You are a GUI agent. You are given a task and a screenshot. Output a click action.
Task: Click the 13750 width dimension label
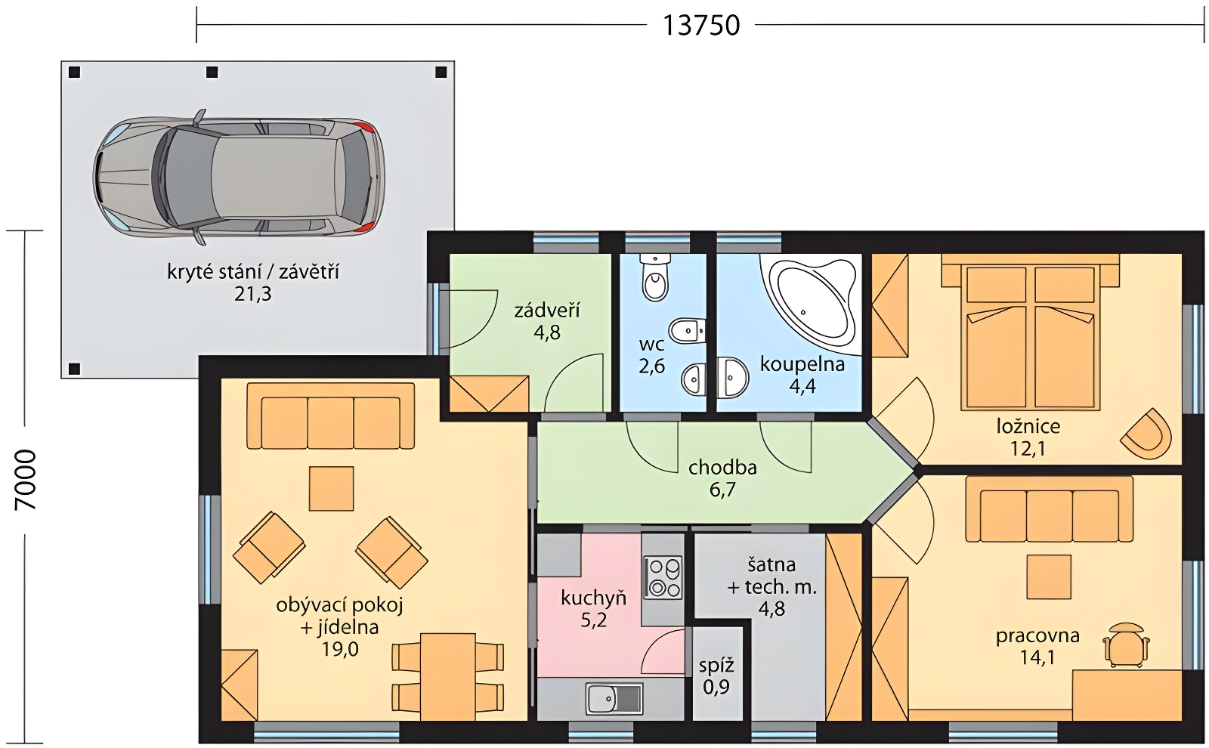point(700,26)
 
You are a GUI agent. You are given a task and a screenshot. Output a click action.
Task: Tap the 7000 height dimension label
point(26,480)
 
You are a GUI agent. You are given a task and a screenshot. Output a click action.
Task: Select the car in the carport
point(239,178)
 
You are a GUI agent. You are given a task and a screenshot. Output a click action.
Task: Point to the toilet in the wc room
point(655,277)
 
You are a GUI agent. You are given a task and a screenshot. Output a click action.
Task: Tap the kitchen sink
point(614,698)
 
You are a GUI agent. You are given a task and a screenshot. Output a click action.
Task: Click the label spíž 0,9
point(717,676)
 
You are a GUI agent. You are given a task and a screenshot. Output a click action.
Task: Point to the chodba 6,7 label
point(722,478)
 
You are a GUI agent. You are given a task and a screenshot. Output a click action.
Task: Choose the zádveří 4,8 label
point(547,322)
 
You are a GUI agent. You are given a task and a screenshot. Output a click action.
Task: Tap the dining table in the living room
point(447,677)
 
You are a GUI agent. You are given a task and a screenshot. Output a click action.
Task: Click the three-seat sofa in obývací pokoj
point(331,416)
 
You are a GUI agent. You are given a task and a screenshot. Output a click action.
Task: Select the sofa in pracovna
point(1050,509)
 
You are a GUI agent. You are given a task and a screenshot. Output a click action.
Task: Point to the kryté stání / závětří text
point(253,272)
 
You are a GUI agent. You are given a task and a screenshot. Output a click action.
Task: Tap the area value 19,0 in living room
point(340,649)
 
